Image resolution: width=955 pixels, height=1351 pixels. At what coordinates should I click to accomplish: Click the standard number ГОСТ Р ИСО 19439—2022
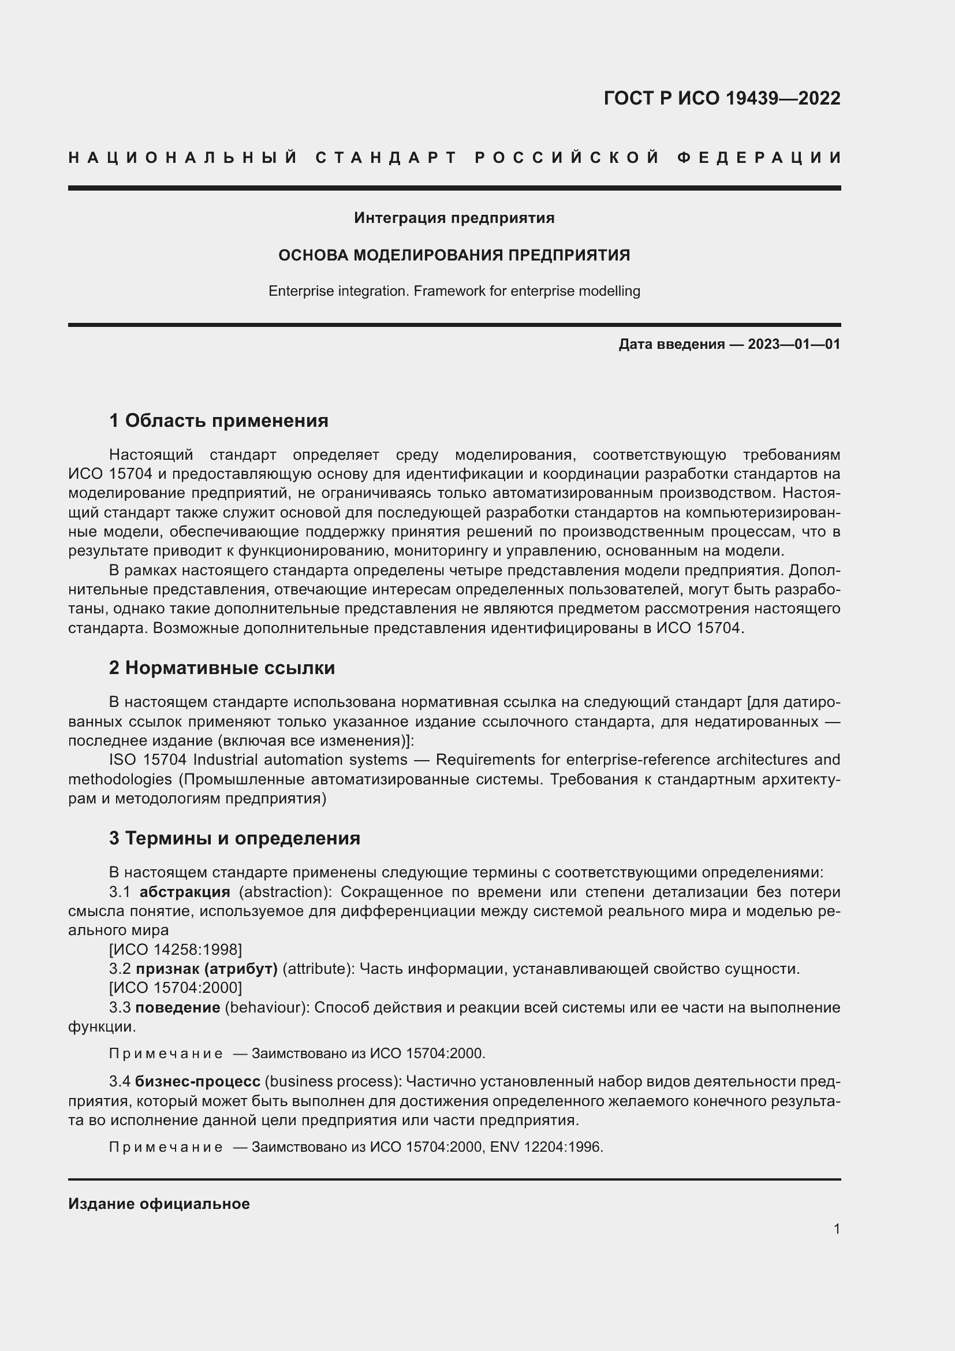722,98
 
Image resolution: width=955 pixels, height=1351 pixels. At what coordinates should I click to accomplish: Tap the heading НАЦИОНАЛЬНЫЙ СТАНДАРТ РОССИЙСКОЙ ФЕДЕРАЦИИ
454,158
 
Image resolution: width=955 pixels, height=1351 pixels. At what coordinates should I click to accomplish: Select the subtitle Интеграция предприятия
454,218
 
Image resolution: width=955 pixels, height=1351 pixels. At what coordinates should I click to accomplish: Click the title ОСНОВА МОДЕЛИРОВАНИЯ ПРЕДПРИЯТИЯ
454,255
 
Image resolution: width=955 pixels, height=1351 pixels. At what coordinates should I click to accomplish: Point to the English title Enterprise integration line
454,291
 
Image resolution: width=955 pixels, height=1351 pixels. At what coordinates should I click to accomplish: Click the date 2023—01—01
794,344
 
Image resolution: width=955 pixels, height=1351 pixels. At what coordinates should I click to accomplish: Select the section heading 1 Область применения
219,420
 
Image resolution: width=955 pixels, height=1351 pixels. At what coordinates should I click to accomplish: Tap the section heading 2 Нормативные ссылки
222,668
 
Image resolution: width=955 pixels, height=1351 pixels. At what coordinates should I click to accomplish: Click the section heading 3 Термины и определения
234,838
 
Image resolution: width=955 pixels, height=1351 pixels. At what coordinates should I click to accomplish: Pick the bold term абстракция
185,892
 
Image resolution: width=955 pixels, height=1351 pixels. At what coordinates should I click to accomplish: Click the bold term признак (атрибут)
206,969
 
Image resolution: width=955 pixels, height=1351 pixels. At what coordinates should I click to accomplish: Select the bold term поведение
178,1007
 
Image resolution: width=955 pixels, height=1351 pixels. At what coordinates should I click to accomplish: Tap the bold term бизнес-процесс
197,1081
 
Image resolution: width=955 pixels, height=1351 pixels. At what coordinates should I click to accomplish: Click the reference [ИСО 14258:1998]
176,950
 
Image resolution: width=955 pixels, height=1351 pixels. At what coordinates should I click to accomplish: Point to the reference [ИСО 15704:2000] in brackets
176,988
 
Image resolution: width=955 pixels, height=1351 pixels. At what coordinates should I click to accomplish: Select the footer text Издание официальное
159,1204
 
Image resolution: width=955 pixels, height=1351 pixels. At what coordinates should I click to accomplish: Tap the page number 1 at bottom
837,1229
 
